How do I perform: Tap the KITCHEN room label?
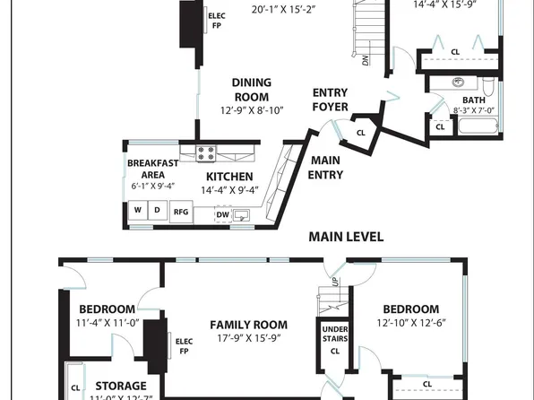click(229, 177)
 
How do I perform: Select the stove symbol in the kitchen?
click(205, 152)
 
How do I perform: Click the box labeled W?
click(138, 212)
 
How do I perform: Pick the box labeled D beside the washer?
click(157, 212)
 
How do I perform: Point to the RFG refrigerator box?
click(181, 212)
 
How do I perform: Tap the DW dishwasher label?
click(222, 214)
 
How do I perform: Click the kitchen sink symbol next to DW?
click(242, 214)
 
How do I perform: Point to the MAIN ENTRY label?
click(326, 168)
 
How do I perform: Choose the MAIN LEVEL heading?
click(347, 237)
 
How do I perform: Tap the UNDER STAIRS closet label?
click(334, 335)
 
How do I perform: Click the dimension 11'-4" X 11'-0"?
click(106, 323)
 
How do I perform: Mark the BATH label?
click(473, 100)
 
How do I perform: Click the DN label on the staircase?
click(366, 62)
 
